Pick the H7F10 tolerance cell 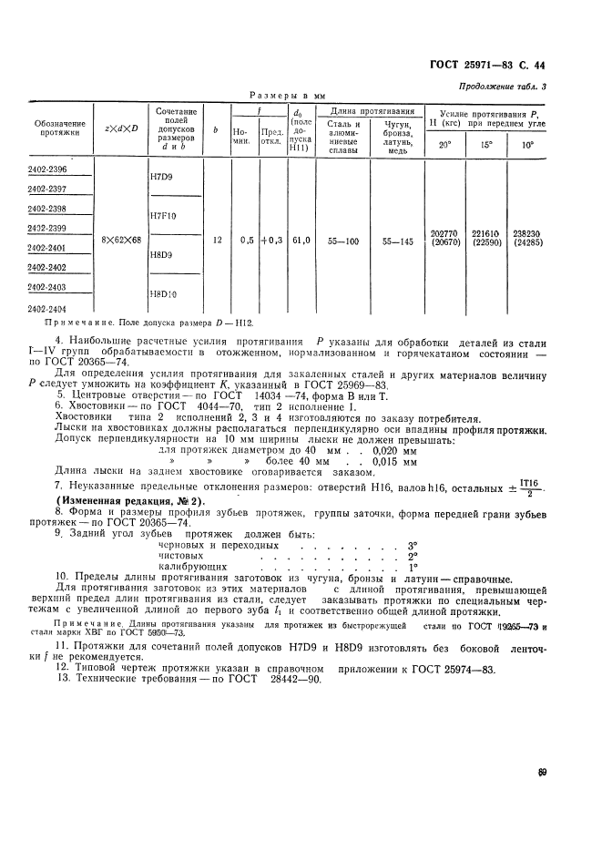[164, 216]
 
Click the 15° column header [486, 144]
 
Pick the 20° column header [444, 144]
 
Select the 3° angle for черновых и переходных [412, 544]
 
